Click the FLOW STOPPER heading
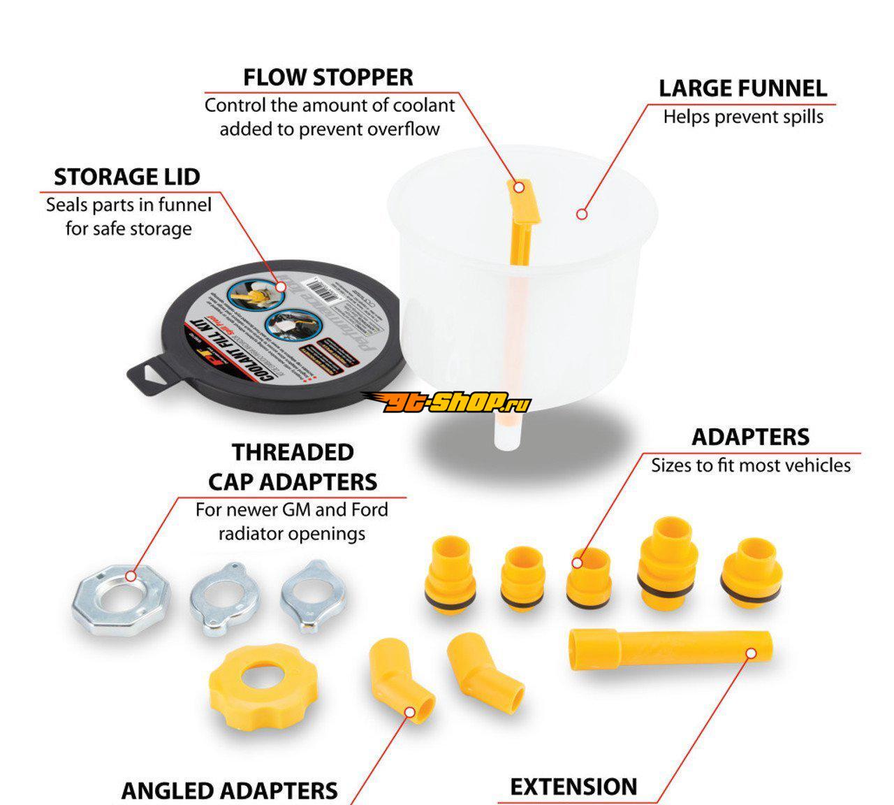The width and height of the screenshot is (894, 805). pyautogui.click(x=328, y=77)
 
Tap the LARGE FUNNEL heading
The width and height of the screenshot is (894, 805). pyautogui.click(x=742, y=89)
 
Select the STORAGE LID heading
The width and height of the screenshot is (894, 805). pyautogui.click(x=127, y=177)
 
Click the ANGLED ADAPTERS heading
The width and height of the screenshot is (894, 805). pyautogui.click(x=229, y=790)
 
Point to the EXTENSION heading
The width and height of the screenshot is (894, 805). pyautogui.click(x=573, y=787)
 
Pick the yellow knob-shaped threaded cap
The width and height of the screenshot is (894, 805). pyautogui.click(x=262, y=681)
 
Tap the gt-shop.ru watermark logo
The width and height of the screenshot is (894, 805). pyautogui.click(x=447, y=401)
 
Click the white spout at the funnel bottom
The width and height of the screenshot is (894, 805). pyautogui.click(x=506, y=433)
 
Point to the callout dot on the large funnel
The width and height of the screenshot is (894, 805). pyautogui.click(x=582, y=214)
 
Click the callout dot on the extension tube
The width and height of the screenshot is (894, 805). pyautogui.click(x=751, y=653)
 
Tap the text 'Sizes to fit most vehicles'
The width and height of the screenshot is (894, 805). pyautogui.click(x=751, y=465)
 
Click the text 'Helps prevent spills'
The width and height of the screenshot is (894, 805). pyautogui.click(x=743, y=117)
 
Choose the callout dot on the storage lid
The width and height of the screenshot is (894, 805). pyautogui.click(x=281, y=286)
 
